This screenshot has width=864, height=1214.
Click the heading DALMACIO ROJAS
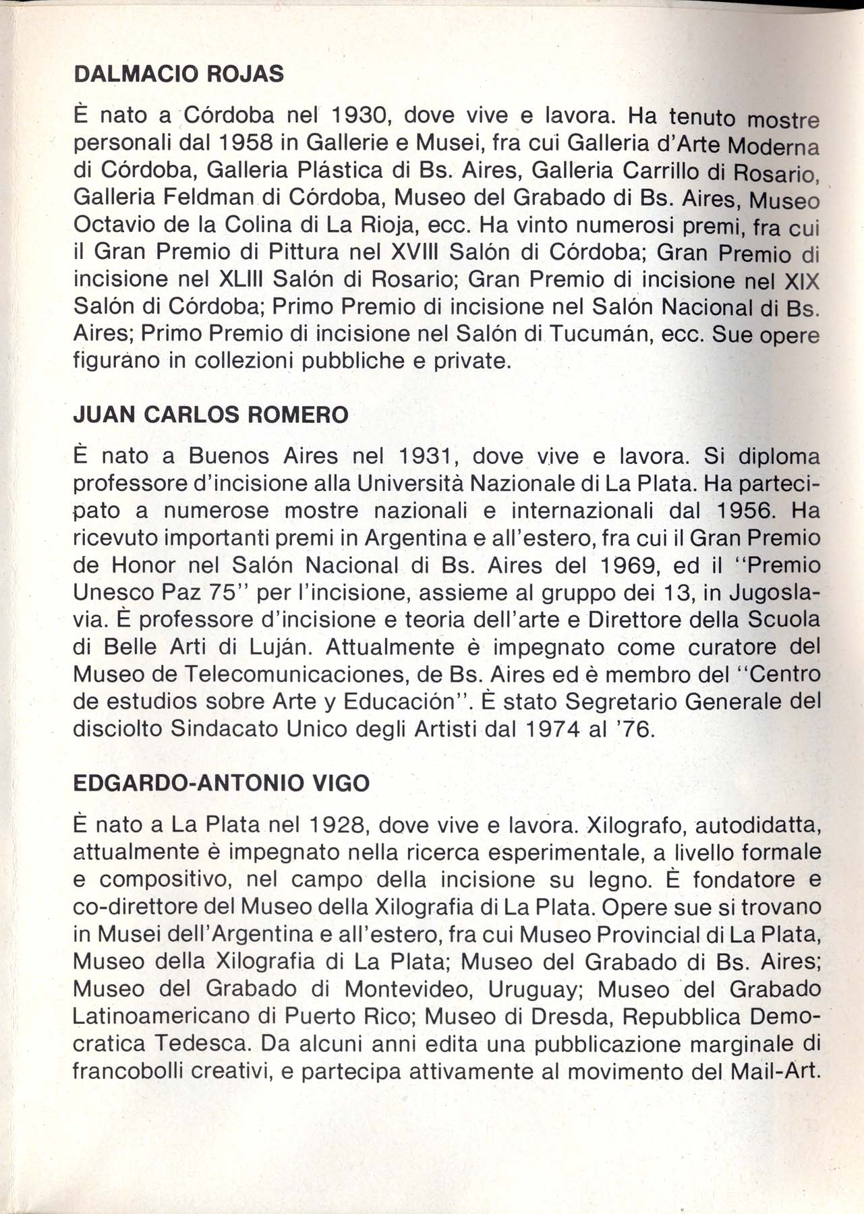[178, 74]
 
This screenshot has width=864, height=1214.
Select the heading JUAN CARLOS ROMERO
[210, 414]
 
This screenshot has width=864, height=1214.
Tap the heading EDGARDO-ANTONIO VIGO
[221, 782]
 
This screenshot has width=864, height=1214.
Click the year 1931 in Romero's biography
[424, 457]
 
